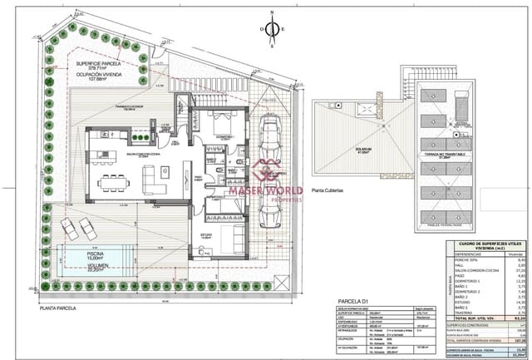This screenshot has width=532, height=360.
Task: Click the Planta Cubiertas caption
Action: (327, 190)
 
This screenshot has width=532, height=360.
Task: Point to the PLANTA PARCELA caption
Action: (57, 308)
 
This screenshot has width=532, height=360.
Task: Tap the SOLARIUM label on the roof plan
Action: (362, 150)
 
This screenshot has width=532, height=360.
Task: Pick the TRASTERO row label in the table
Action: (460, 312)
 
